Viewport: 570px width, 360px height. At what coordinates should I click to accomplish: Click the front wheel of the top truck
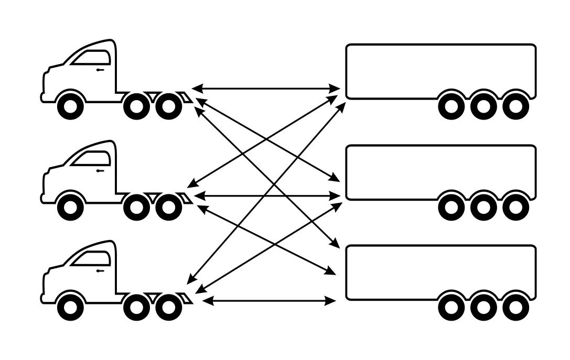click(70, 106)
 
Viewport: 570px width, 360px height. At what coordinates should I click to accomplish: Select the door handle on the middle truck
click(100, 171)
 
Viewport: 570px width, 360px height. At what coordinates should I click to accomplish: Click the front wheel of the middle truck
click(70, 208)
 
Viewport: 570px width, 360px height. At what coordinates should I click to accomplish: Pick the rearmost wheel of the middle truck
click(168, 208)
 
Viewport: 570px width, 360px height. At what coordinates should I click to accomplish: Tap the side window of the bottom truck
click(92, 258)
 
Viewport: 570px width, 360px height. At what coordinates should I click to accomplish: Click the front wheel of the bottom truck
click(70, 307)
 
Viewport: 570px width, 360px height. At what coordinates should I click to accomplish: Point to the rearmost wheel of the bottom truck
click(168, 307)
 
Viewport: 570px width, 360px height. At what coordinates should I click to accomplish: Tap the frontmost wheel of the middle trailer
click(451, 208)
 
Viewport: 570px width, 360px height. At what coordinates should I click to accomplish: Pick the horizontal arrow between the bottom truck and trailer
click(268, 301)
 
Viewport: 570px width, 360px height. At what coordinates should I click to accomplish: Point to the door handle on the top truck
click(100, 70)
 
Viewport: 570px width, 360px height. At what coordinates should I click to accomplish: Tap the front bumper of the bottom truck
click(43, 299)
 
